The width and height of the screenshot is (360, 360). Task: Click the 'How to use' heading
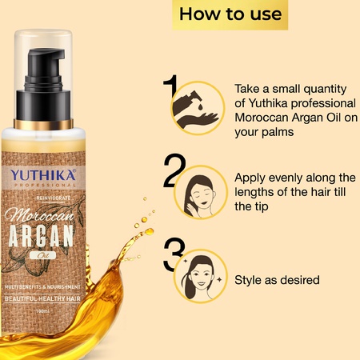pyautogui.click(x=230, y=14)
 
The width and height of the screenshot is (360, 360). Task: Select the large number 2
pyautogui.click(x=174, y=171)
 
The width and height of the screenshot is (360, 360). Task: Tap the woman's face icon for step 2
pyautogui.click(x=203, y=194)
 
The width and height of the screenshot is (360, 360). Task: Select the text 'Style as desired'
pyautogui.click(x=278, y=280)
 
